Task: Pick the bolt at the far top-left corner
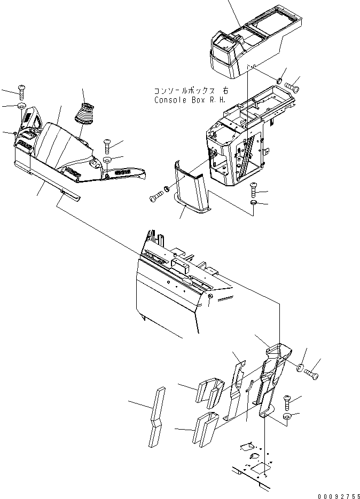(x=21, y=91)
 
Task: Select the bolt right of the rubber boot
(x=106, y=144)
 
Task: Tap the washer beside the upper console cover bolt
(x=279, y=81)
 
